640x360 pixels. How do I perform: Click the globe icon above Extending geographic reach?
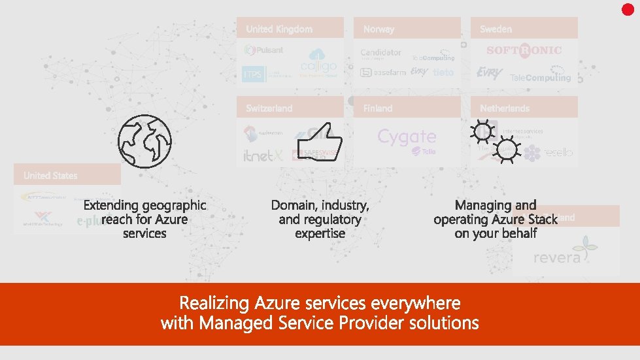pyautogui.click(x=144, y=140)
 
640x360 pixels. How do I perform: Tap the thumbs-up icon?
pyautogui.click(x=319, y=139)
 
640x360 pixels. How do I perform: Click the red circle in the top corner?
pyautogui.click(x=628, y=9)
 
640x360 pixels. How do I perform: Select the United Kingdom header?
pyautogui.click(x=279, y=29)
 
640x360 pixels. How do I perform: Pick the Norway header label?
pyautogui.click(x=379, y=29)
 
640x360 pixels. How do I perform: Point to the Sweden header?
pyautogui.click(x=496, y=29)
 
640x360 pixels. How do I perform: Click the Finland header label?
pyautogui.click(x=378, y=108)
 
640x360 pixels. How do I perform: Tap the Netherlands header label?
pyautogui.click(x=505, y=108)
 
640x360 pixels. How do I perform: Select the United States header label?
pyautogui.click(x=50, y=176)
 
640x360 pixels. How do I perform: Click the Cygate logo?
pyautogui.click(x=407, y=137)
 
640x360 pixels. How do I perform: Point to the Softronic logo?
pyautogui.click(x=524, y=50)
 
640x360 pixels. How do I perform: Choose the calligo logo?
pyautogui.click(x=318, y=63)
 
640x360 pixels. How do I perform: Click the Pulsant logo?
pyautogui.click(x=264, y=50)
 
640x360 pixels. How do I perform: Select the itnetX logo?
pyautogui.click(x=262, y=154)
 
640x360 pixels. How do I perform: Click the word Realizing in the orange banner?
pyautogui.click(x=214, y=303)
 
